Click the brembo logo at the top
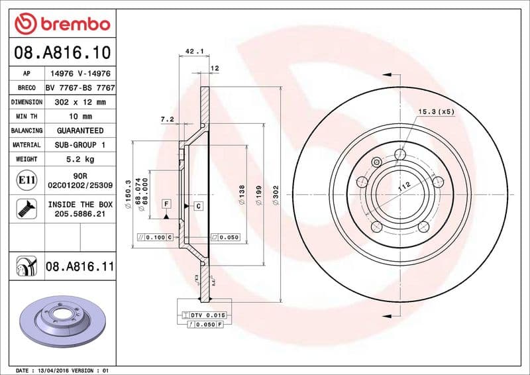[62, 25]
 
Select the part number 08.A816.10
[62, 52]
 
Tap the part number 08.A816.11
[79, 267]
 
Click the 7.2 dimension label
[167, 120]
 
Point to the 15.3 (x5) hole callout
[436, 112]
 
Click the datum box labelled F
[166, 203]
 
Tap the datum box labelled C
[197, 207]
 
